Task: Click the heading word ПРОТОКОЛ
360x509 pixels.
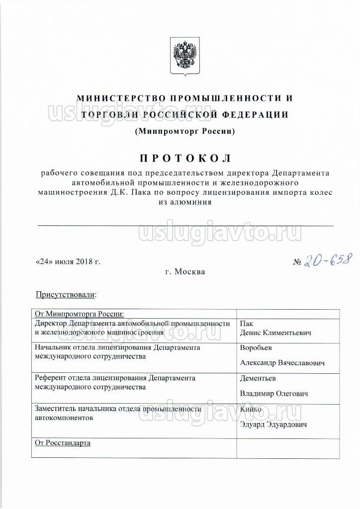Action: (184, 159)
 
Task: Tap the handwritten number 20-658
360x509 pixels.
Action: (329, 259)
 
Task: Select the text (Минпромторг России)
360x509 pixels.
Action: (184, 132)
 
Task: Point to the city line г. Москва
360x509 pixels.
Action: (184, 272)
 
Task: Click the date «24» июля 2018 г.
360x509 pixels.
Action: (68, 261)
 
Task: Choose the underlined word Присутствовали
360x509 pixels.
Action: (65, 295)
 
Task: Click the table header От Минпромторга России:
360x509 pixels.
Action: (79, 314)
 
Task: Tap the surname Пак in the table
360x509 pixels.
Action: (247, 324)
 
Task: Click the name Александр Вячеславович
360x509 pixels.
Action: (282, 363)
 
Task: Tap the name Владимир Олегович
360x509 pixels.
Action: (274, 393)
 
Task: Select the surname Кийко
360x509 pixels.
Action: (251, 409)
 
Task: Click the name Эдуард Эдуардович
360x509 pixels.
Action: (273, 424)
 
